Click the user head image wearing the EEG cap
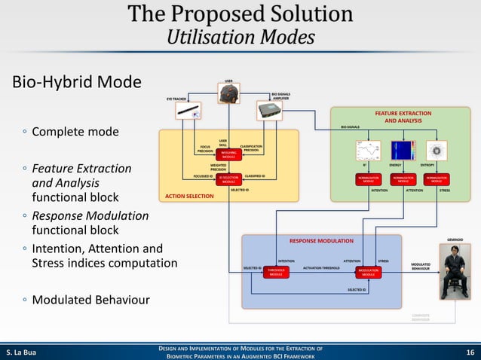click(x=228, y=93)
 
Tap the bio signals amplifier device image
click(x=269, y=111)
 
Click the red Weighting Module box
click(x=228, y=153)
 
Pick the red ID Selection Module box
click(x=228, y=179)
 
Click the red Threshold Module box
click(x=277, y=272)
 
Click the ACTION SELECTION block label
click(x=186, y=197)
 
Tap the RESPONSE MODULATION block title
click(x=321, y=241)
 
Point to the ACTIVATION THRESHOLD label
click(x=321, y=267)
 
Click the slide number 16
click(x=468, y=351)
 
